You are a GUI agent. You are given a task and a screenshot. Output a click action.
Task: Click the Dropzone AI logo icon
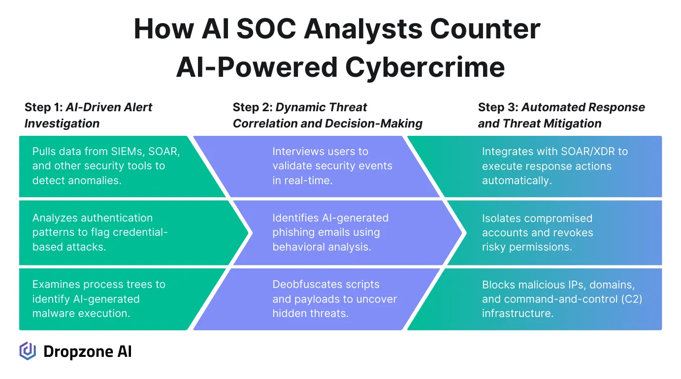(x=28, y=351)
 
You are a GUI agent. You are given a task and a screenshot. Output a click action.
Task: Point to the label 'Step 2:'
(x=252, y=107)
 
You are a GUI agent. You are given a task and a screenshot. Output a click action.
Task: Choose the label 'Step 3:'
(x=498, y=107)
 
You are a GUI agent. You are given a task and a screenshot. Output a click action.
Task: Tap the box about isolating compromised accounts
(x=542, y=232)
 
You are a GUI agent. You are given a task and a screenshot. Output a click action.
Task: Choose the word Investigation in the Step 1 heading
(x=62, y=124)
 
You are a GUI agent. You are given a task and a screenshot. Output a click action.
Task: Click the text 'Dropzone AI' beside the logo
(x=88, y=351)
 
